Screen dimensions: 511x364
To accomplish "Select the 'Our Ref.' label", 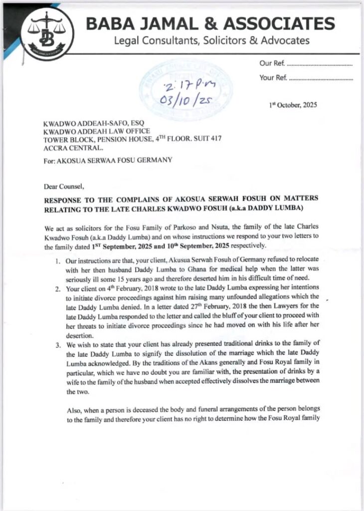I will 272,64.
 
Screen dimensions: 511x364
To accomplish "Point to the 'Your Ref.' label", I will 273,77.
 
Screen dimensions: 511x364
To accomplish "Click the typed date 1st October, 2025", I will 293,105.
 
